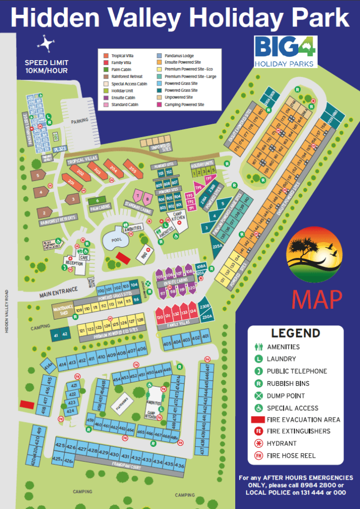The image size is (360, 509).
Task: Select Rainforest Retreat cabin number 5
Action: coord(37,175)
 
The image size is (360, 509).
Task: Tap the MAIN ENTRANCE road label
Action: coord(59,292)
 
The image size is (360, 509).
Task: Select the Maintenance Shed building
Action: coord(63,310)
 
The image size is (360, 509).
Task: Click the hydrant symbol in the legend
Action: coord(258,443)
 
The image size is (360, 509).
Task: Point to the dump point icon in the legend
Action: coord(258,396)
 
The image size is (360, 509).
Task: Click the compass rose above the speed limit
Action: coord(45,45)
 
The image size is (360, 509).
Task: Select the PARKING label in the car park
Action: coord(79,120)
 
